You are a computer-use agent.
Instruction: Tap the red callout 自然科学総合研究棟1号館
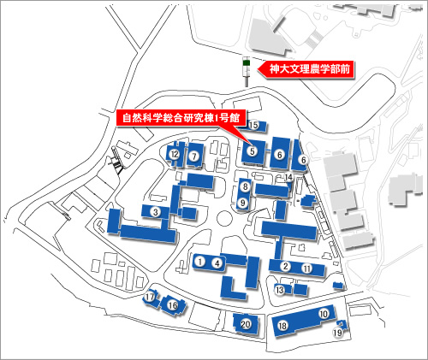(181, 118)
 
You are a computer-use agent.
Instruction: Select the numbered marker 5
(253, 150)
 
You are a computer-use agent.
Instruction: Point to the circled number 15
(253, 125)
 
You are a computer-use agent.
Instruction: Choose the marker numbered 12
(175, 155)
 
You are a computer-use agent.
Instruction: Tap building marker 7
(194, 156)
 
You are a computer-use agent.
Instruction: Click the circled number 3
(156, 212)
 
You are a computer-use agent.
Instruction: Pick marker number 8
(245, 187)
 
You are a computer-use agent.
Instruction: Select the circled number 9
(243, 203)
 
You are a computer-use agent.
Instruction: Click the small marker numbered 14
(288, 177)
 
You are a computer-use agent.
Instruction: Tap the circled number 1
(200, 261)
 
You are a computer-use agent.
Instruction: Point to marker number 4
(217, 263)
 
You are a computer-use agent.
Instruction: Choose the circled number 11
(307, 269)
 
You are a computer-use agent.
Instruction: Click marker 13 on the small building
(280, 290)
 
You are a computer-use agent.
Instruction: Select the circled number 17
(150, 297)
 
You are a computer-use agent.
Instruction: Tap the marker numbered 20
(246, 324)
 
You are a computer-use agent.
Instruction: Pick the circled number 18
(282, 326)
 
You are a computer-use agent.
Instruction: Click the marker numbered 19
(338, 333)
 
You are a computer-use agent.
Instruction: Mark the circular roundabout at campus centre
(224, 219)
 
